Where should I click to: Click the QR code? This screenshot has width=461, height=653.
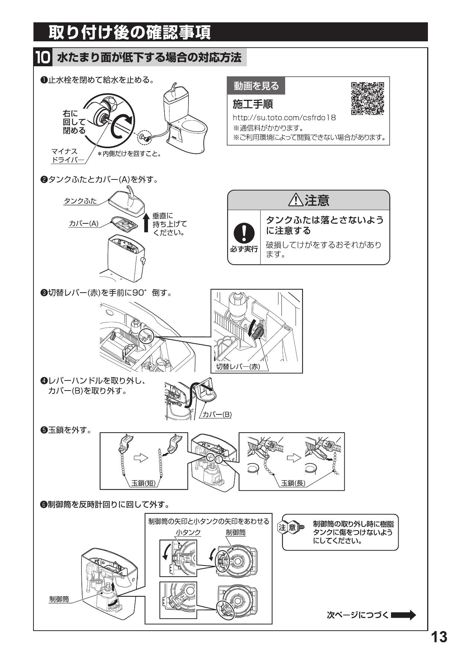tap(367, 98)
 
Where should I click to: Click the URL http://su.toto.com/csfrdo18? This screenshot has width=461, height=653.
tap(284, 118)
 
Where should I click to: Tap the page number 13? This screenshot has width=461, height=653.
tap(439, 637)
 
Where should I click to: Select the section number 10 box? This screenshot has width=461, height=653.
tap(42, 58)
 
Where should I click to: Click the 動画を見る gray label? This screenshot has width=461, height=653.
tap(256, 86)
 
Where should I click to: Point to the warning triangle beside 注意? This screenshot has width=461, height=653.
tap(296, 201)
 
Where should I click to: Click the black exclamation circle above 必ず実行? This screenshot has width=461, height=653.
tap(244, 233)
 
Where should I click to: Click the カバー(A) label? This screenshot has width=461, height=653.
tap(84, 223)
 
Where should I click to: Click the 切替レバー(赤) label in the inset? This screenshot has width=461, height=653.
tap(238, 366)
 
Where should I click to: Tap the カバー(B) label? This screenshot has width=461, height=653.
tap(217, 414)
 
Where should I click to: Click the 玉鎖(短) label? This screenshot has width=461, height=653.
tap(144, 483)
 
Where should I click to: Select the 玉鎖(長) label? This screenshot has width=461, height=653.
tap(293, 483)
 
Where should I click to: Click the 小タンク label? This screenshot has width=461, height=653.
tap(188, 532)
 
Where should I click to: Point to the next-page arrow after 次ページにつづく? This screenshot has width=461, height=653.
tap(403, 615)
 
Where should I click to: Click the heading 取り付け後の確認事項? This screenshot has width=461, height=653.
tap(130, 32)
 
